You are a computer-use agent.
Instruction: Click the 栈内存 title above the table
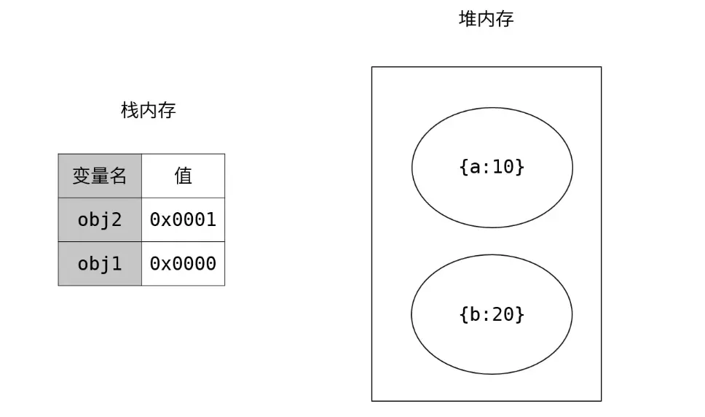click(148, 111)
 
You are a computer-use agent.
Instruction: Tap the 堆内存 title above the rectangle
click(486, 20)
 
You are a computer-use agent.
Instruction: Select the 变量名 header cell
click(100, 176)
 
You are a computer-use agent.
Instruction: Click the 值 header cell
click(183, 176)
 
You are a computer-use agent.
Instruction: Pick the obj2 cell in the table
click(100, 219)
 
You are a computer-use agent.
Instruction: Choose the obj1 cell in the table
click(100, 263)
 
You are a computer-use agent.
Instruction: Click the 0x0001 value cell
click(183, 219)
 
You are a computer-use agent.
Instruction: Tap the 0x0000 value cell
click(183, 263)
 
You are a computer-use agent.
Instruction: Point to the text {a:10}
click(492, 167)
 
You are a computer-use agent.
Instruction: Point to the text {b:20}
click(492, 314)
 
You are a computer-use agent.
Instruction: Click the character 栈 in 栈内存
click(130, 111)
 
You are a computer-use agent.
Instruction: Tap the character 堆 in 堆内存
click(468, 20)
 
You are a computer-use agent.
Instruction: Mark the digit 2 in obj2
click(116, 219)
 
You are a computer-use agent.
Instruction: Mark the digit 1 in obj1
click(116, 263)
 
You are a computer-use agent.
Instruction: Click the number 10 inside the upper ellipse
click(503, 167)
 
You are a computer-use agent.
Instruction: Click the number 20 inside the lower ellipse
click(503, 314)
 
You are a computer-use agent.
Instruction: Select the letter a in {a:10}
click(475, 167)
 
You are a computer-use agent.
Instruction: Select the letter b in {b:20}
click(475, 314)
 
